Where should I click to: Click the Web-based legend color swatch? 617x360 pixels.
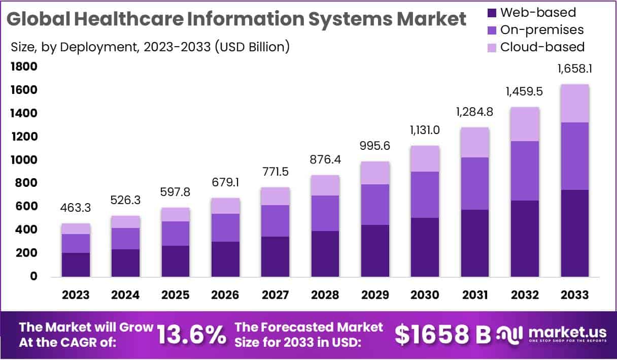[x=491, y=13]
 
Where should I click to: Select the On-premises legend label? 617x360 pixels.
[x=542, y=30]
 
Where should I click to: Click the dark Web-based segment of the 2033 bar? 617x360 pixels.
[x=575, y=233]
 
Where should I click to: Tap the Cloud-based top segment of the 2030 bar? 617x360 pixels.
[x=425, y=158]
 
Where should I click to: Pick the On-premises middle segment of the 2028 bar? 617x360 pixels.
[x=325, y=213]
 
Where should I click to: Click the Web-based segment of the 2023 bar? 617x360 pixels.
[x=76, y=265]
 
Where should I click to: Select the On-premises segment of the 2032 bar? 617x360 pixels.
[x=525, y=171]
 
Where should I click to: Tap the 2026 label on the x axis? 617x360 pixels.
[x=226, y=295]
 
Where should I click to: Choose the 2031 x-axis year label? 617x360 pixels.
[x=475, y=295]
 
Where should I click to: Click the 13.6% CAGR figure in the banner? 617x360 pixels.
[x=191, y=335]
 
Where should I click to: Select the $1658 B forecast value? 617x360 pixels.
[x=443, y=335]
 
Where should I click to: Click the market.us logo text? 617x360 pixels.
[x=567, y=333]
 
